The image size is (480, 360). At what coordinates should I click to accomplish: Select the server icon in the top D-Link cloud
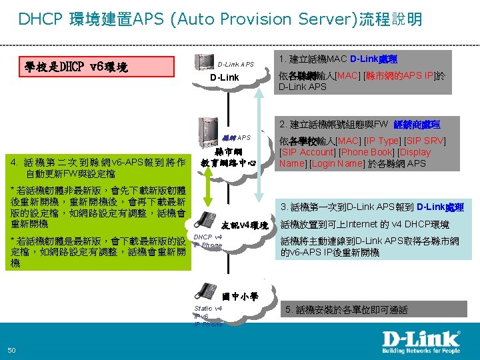pos(201,62)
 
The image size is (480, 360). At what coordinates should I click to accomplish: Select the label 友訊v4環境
pos(244,225)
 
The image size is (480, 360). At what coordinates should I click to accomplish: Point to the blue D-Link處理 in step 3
pos(441,207)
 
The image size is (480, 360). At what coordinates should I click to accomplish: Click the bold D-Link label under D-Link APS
pos(225,79)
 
